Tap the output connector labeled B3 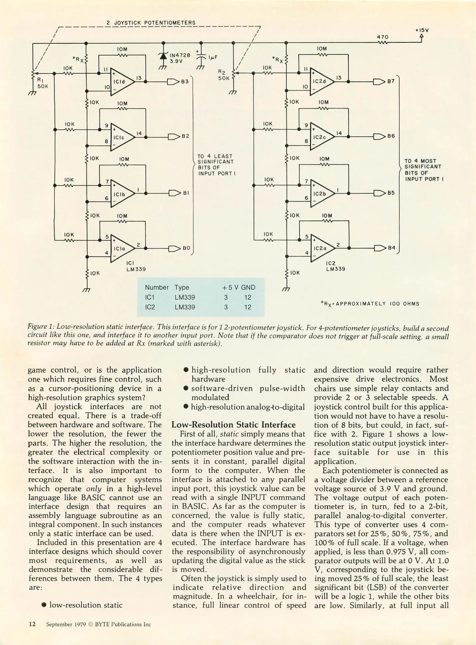click(173, 81)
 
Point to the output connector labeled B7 click(378, 81)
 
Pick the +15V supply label click(421, 30)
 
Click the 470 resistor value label click(383, 37)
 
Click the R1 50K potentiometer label click(42, 83)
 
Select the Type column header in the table click(182, 287)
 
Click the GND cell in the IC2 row click(248, 307)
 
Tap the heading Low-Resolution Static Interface click(233, 425)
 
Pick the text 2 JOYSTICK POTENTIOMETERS click(151, 23)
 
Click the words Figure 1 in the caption click(40, 328)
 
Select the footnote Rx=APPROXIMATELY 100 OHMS click(370, 304)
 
